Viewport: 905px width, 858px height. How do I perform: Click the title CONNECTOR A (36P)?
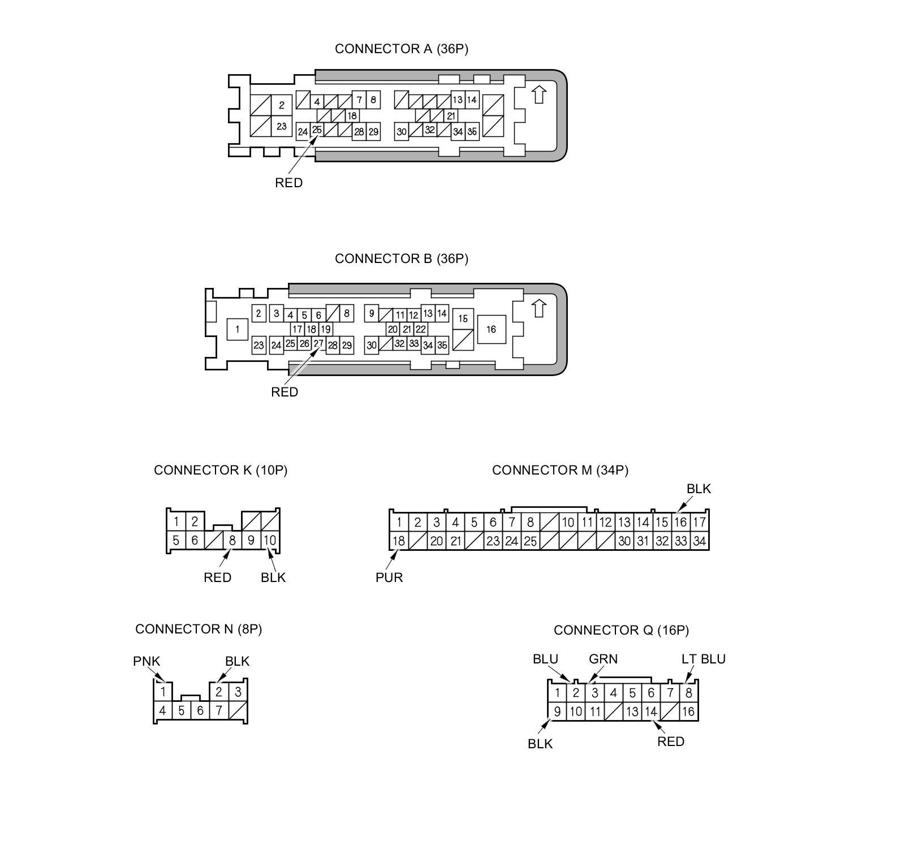point(401,49)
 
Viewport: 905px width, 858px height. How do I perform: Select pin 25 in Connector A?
point(317,130)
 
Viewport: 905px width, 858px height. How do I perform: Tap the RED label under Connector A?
point(288,183)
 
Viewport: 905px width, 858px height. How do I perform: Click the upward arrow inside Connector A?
point(539,94)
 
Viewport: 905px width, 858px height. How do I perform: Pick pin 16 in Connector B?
point(491,329)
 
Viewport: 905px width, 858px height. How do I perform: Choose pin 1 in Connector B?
point(238,329)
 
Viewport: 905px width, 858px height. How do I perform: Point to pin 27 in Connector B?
point(318,343)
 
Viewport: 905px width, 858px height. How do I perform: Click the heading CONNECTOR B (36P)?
point(401,259)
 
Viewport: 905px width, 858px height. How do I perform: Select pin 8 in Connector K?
point(232,540)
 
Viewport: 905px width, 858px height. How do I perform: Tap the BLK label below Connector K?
point(273,577)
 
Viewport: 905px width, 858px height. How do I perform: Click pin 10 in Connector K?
point(270,540)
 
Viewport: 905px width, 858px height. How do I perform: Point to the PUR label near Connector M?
point(389,577)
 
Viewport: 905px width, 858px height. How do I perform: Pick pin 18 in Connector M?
point(399,541)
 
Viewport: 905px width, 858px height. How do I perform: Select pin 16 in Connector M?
point(680,522)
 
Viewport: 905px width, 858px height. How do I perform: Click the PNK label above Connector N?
point(146,661)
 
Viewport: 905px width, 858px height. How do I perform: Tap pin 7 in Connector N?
point(219,710)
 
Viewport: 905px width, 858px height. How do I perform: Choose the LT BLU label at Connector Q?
point(703,659)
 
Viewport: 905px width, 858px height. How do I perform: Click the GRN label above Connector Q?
point(603,659)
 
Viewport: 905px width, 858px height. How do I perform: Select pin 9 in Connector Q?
point(557,712)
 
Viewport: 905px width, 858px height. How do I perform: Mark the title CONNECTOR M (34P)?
point(560,471)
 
